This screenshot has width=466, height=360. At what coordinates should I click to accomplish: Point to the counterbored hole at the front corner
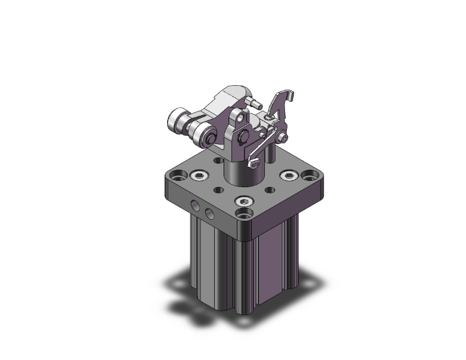pyautogui.click(x=242, y=218)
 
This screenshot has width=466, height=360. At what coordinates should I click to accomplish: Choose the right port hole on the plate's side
pyautogui.click(x=210, y=215)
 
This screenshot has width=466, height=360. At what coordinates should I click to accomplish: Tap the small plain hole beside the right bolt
pyautogui.click(x=269, y=189)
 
